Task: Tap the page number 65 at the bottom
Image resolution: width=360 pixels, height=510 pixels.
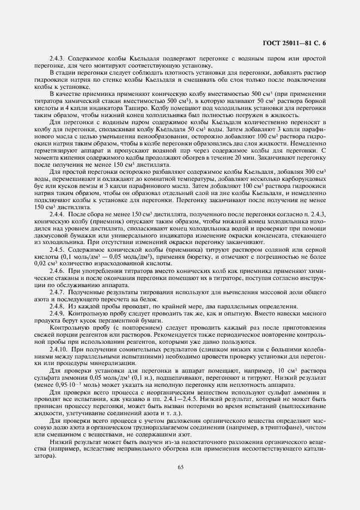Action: click(180, 466)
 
